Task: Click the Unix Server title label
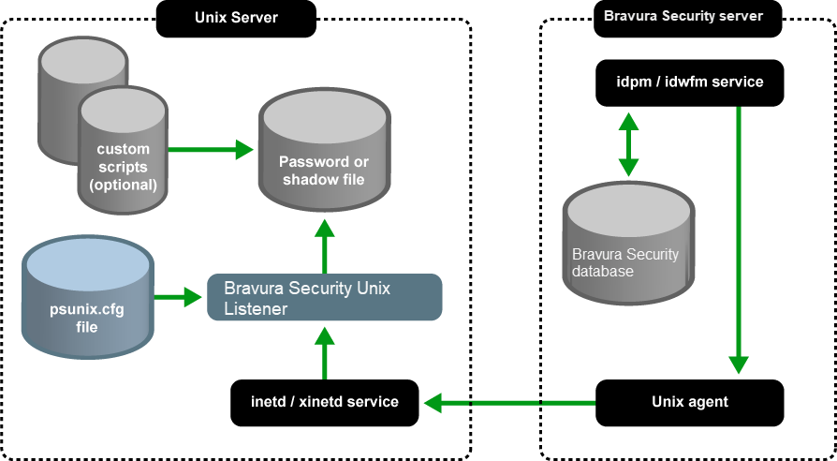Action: click(x=236, y=18)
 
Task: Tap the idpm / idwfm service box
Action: click(x=689, y=82)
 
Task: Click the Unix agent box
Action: click(x=689, y=402)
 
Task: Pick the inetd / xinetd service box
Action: click(x=324, y=402)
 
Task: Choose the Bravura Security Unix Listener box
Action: click(x=323, y=297)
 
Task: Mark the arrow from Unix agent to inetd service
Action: click(x=509, y=403)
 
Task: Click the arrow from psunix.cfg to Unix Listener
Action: click(x=179, y=297)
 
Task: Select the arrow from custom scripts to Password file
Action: click(x=211, y=149)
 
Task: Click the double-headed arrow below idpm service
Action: click(x=628, y=144)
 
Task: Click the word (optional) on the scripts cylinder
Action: click(x=123, y=185)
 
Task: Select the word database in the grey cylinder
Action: click(x=603, y=272)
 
